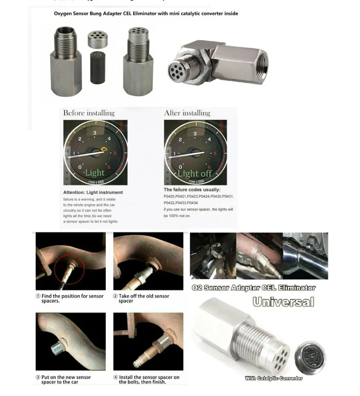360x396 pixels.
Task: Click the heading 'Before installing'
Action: pos(89,113)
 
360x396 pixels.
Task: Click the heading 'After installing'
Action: pos(187,113)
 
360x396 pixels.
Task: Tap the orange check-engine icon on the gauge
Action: pos(104,149)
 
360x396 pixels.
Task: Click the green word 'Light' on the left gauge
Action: pos(94,173)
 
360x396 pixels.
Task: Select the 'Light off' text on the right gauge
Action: pos(195,173)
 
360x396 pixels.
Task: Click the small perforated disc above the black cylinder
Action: pos(98,39)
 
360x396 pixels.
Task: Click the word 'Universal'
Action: pos(283,301)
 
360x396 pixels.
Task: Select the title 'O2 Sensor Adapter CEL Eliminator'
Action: pos(253,288)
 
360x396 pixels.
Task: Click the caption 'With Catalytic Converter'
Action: pos(273,378)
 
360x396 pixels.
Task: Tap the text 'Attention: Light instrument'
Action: pos(93,192)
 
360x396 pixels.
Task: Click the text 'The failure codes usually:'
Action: pos(192,190)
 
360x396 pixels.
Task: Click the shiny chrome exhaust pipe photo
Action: pos(305,256)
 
